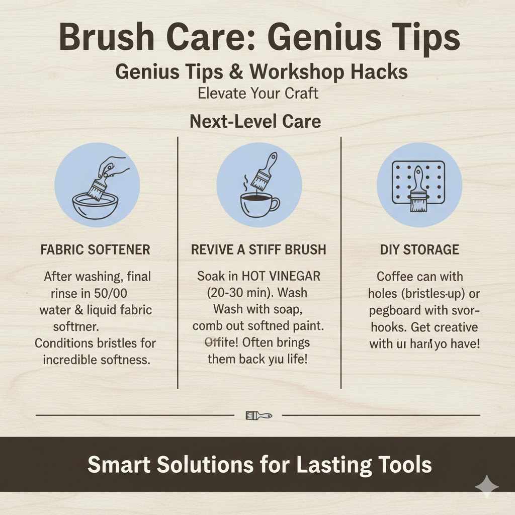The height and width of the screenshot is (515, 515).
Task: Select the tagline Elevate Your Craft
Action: (x=259, y=94)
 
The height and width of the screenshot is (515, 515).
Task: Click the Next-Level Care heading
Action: (x=255, y=121)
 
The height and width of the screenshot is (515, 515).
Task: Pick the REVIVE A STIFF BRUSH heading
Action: (x=259, y=250)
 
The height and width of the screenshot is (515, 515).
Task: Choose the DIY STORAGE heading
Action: (x=420, y=250)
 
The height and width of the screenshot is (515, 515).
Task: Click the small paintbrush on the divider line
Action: (x=259, y=415)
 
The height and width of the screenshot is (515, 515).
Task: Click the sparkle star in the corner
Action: (x=486, y=486)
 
